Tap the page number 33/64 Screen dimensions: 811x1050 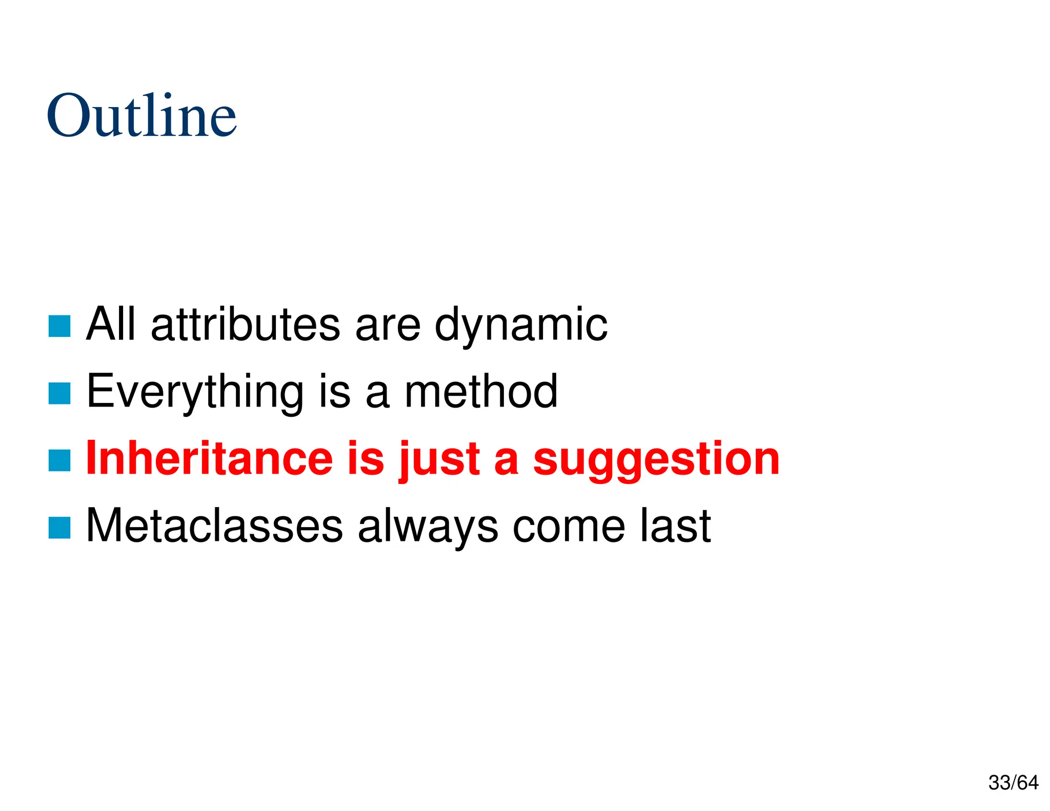(x=1013, y=783)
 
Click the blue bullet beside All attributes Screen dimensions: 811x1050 (x=59, y=326)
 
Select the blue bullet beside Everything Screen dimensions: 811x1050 (x=59, y=393)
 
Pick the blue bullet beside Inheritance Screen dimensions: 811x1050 (x=59, y=460)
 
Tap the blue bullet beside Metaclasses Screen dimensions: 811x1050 (x=59, y=528)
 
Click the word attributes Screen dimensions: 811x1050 (x=246, y=324)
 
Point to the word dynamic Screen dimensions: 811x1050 (x=521, y=325)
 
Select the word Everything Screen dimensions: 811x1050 (x=195, y=392)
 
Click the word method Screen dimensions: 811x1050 (x=481, y=391)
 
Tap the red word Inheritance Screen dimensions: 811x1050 (x=209, y=458)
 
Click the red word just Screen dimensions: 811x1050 (x=439, y=459)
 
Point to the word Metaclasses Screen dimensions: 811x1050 (x=214, y=525)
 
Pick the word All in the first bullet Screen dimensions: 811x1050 (x=111, y=324)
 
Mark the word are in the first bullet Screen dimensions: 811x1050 (x=388, y=325)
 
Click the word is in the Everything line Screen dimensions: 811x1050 (x=335, y=391)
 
